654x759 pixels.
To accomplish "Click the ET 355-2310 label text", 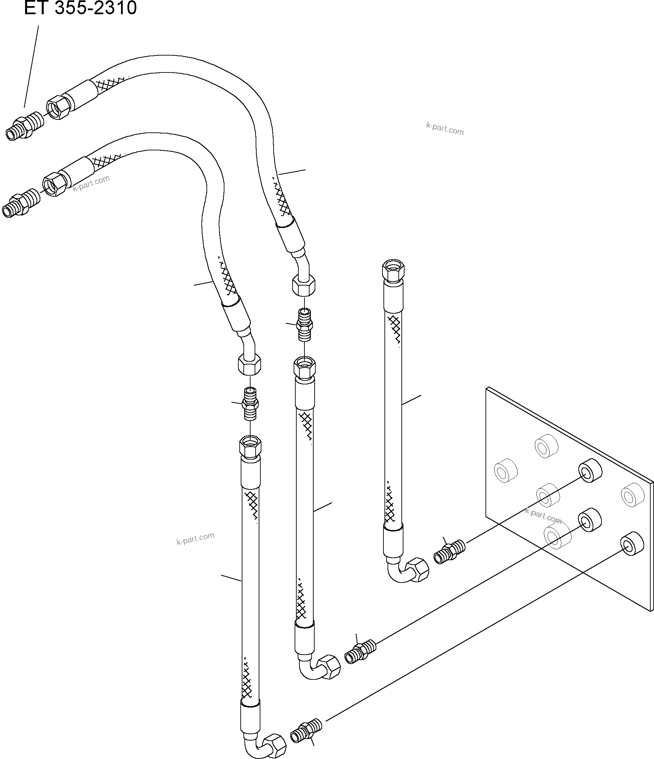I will point(80,8).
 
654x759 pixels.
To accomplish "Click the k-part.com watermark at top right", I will point(445,129).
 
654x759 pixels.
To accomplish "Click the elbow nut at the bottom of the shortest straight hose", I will point(417,570).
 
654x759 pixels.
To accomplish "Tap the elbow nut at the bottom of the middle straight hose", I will point(329,669).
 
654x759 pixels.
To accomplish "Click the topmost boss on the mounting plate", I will point(546,446).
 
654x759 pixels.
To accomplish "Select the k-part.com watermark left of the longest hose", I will point(195,539).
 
